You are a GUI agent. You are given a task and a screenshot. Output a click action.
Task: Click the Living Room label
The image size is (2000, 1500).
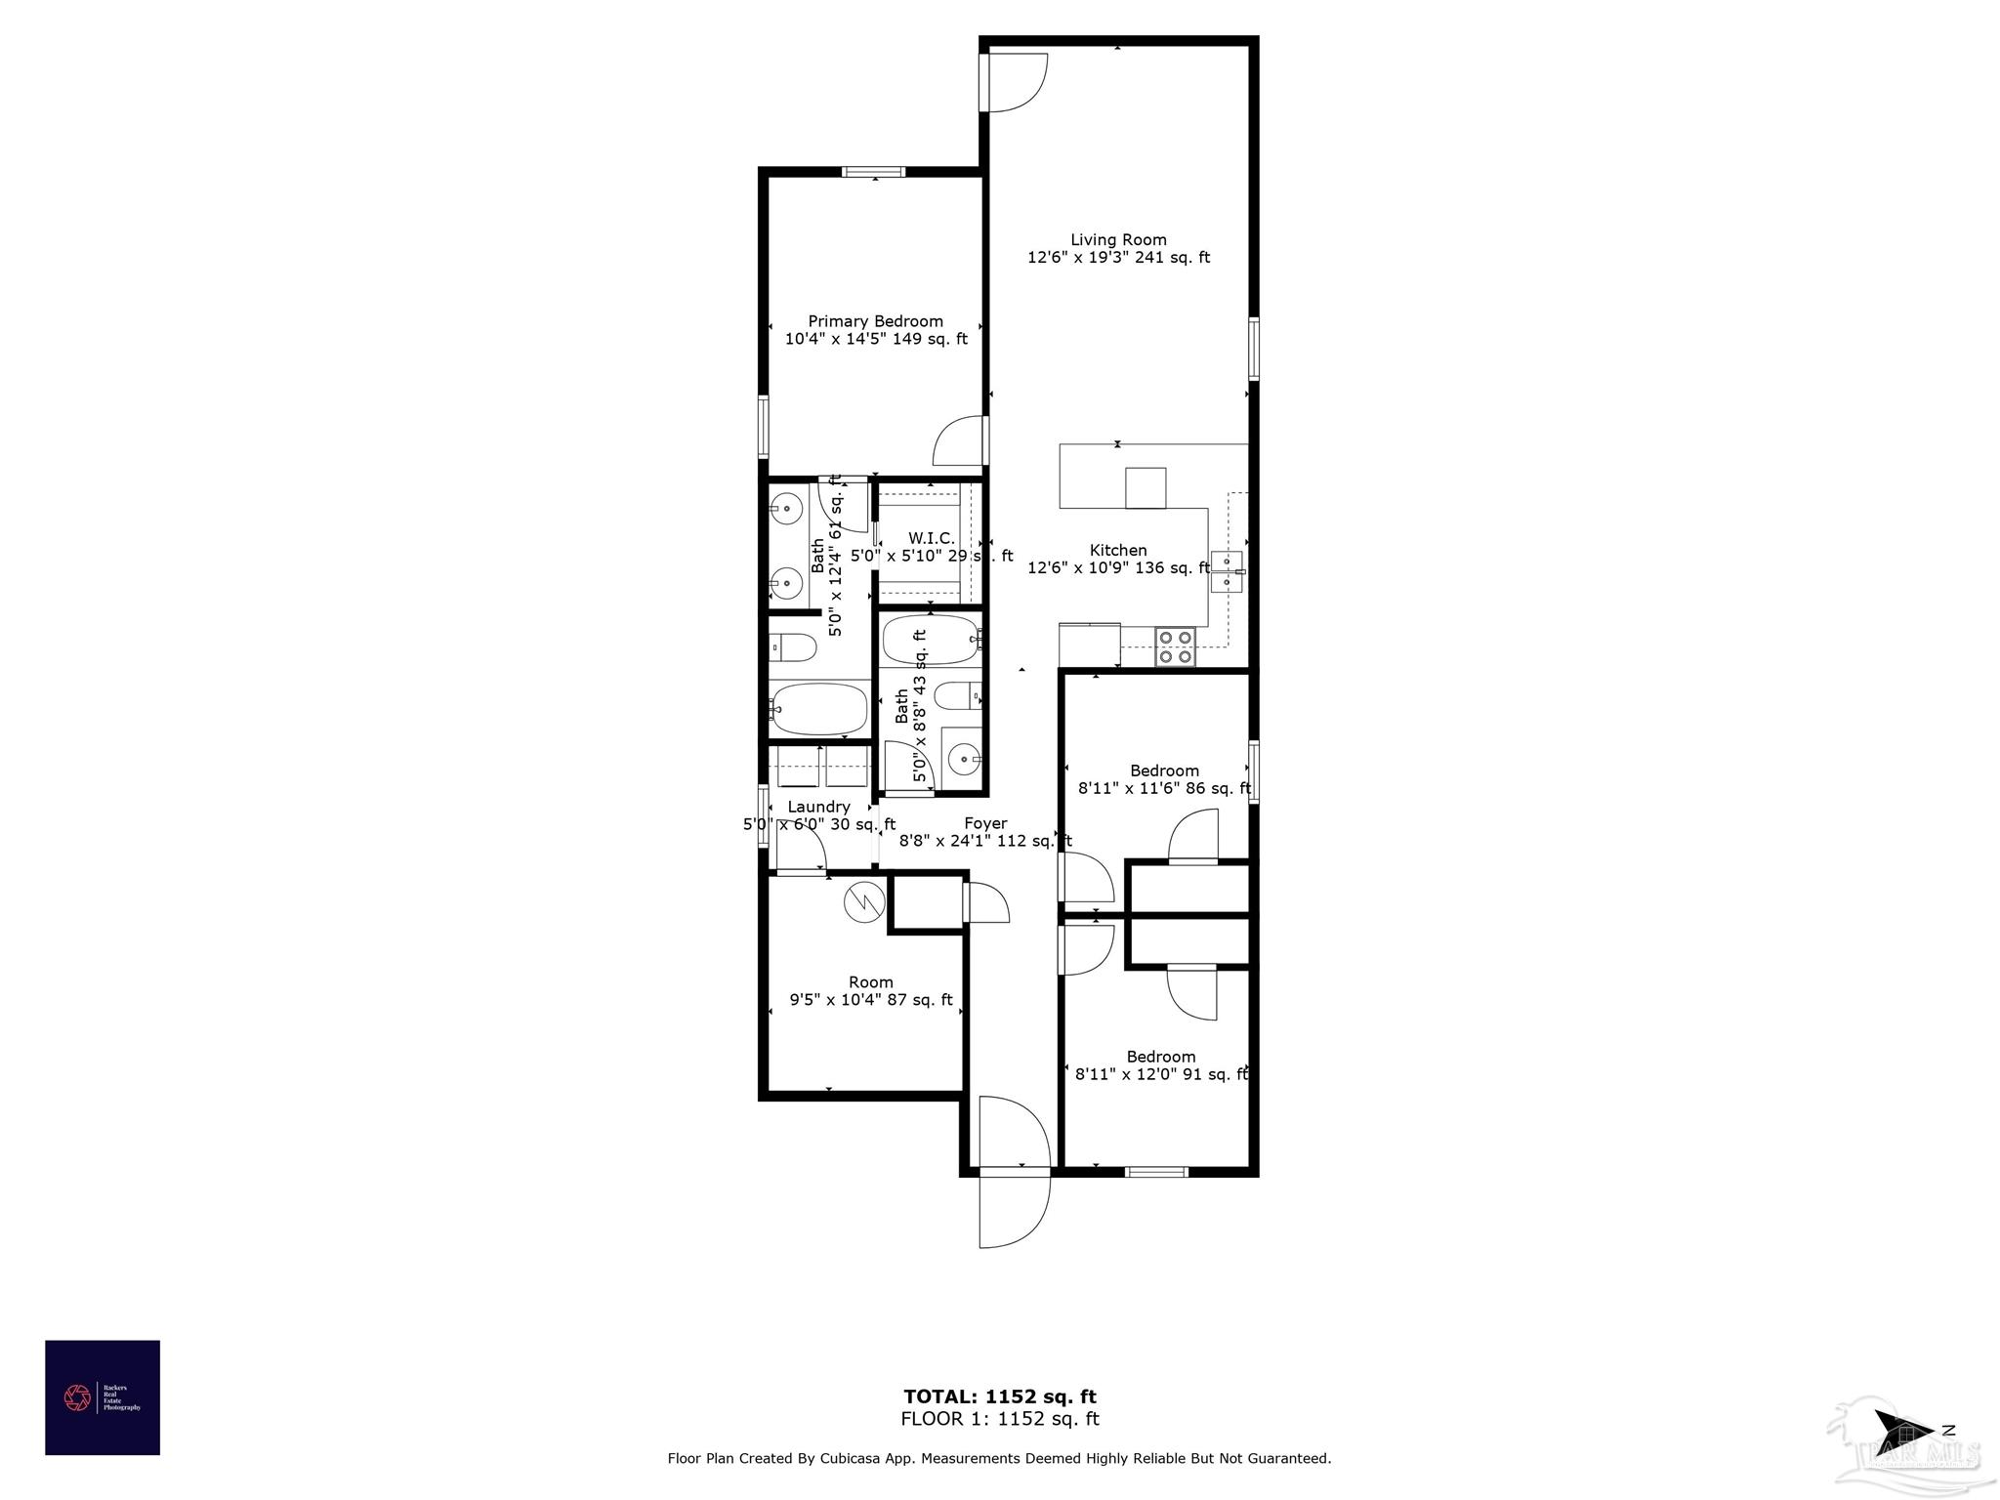click(1118, 240)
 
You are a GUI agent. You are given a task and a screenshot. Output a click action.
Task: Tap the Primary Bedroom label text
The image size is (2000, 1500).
click(875, 321)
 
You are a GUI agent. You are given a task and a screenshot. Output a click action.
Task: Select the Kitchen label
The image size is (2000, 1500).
click(1118, 551)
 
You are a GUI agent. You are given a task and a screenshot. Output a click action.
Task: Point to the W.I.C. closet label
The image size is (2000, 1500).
click(931, 539)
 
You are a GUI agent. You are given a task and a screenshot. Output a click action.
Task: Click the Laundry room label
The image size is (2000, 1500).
click(818, 807)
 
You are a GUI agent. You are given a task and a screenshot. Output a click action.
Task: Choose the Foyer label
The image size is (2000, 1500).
click(985, 823)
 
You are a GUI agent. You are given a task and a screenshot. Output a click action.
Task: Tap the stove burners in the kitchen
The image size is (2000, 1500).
click(1176, 646)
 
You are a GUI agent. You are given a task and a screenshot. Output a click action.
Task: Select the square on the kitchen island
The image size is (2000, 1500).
click(1146, 488)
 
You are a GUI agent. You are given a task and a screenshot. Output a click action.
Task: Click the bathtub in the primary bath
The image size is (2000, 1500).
click(818, 709)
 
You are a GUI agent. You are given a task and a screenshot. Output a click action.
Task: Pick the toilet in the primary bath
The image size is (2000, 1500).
click(792, 646)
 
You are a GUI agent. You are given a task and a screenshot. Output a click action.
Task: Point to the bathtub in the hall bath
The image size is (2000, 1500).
click(930, 640)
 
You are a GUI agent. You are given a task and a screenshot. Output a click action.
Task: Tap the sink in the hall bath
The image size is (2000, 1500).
click(963, 758)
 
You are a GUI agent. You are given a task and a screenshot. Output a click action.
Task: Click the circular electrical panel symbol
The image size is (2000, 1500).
click(863, 901)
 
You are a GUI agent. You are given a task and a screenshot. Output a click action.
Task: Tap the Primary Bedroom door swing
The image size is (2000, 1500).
click(959, 442)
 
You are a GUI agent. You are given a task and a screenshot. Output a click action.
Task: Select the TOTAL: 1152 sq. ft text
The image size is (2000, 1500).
click(1000, 1396)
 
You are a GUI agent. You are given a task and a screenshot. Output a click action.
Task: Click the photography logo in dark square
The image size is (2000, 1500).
click(103, 1397)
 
